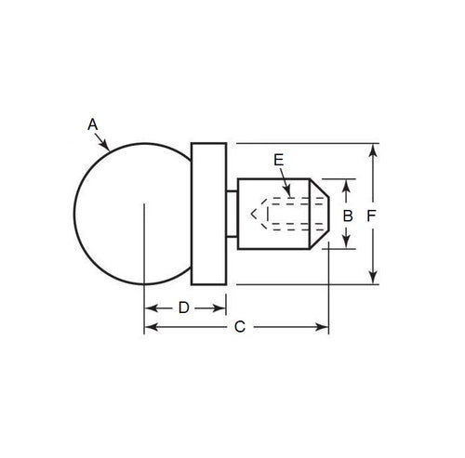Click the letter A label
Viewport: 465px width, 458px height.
pos(91,123)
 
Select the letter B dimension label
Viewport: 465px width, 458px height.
pos(348,215)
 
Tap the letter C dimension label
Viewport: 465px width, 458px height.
pos(239,327)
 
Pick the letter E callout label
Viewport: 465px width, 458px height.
pos(278,160)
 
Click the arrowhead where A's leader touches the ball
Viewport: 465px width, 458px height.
pos(110,148)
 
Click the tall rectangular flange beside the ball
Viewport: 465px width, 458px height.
pos(208,214)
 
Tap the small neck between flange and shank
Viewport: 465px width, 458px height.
pos(232,214)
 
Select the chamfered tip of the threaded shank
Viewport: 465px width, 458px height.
pos(320,214)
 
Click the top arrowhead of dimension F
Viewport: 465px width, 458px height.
pos(373,149)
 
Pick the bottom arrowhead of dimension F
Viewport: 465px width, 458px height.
pos(373,279)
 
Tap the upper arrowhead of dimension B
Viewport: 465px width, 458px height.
pos(348,184)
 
